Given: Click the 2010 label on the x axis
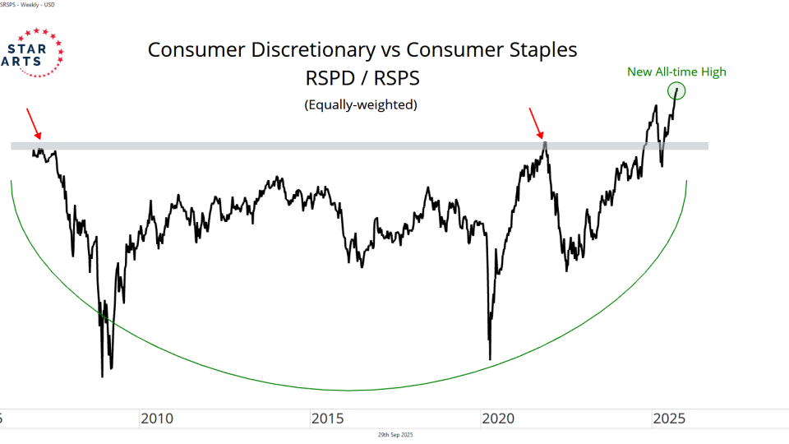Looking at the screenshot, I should coord(157,419).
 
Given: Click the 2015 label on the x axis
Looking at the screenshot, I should coord(328,419).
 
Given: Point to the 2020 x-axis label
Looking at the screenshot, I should coord(499,419).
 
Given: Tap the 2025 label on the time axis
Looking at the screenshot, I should coord(670,419).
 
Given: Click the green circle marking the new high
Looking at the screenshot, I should coord(676,90).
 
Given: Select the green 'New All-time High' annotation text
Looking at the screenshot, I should coord(676,72).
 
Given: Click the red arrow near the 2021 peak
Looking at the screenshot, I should coord(536,124).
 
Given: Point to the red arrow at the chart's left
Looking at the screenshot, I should coord(34,123).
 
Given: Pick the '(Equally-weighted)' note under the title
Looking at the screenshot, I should coord(361,104).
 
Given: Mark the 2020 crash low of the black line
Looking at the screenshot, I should coord(490,358).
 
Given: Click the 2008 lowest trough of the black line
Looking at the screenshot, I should coord(102,376).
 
